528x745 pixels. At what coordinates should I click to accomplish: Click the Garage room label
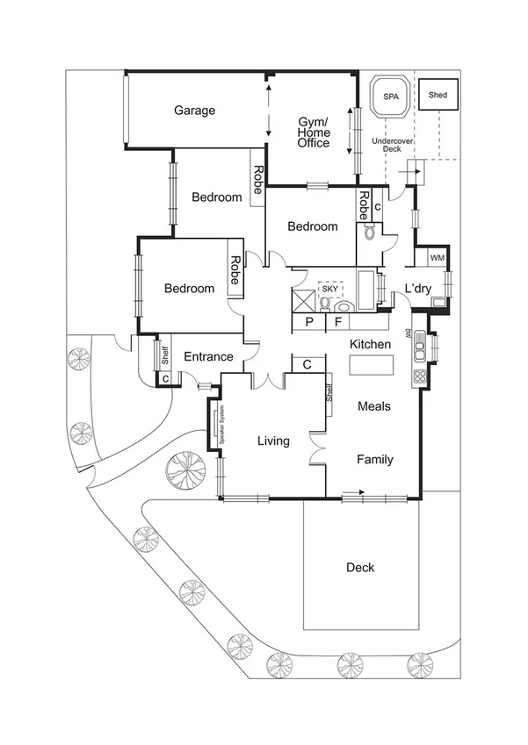pos(194,111)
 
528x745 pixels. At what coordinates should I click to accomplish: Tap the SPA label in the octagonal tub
pos(387,96)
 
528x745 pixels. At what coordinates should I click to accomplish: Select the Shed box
pos(437,95)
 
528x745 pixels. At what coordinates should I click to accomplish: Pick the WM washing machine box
pos(437,257)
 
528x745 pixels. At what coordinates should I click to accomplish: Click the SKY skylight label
pos(329,289)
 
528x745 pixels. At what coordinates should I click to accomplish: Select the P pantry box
pos(309,322)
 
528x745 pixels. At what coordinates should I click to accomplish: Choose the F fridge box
pos(337,322)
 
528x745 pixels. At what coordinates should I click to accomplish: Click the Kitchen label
pos(370,344)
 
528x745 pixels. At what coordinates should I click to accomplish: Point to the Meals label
pos(374,406)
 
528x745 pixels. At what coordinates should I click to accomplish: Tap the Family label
pos(374,460)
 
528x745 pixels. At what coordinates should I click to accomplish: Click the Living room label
pos(273,441)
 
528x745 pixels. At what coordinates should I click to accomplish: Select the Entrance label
pos(208,357)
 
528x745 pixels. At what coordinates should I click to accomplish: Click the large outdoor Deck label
pos(359,568)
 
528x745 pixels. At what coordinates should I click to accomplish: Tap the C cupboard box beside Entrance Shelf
pos(165,379)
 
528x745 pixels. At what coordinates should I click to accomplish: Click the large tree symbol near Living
pos(185,469)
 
